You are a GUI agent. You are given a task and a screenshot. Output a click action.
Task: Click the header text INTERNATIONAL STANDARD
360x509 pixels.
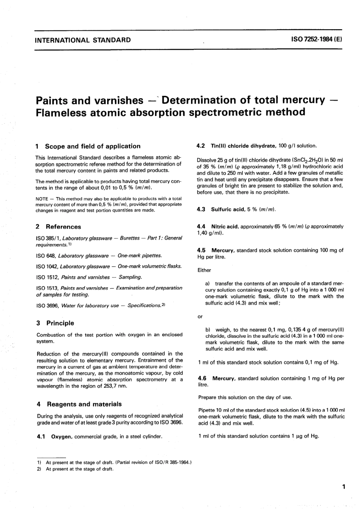[83, 40]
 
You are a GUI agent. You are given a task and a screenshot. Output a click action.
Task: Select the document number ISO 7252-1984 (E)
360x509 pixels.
[317, 40]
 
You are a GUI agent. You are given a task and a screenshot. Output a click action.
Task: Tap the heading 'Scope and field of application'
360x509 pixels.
[92, 146]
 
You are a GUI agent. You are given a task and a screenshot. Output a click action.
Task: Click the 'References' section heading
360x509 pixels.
[63, 227]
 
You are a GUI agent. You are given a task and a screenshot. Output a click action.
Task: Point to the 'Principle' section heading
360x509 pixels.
[60, 323]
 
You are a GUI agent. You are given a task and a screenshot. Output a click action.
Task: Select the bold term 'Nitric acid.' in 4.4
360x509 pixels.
[225, 226]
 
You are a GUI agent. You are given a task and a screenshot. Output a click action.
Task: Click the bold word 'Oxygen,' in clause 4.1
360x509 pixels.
[62, 437]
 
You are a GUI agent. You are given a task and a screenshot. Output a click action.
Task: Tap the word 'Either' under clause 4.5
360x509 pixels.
[204, 270]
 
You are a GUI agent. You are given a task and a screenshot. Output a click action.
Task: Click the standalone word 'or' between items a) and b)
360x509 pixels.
[200, 316]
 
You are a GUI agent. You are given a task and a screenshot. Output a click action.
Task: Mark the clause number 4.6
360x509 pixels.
[202, 378]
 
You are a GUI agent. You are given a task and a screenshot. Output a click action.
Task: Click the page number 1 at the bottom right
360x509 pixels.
[343, 487]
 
